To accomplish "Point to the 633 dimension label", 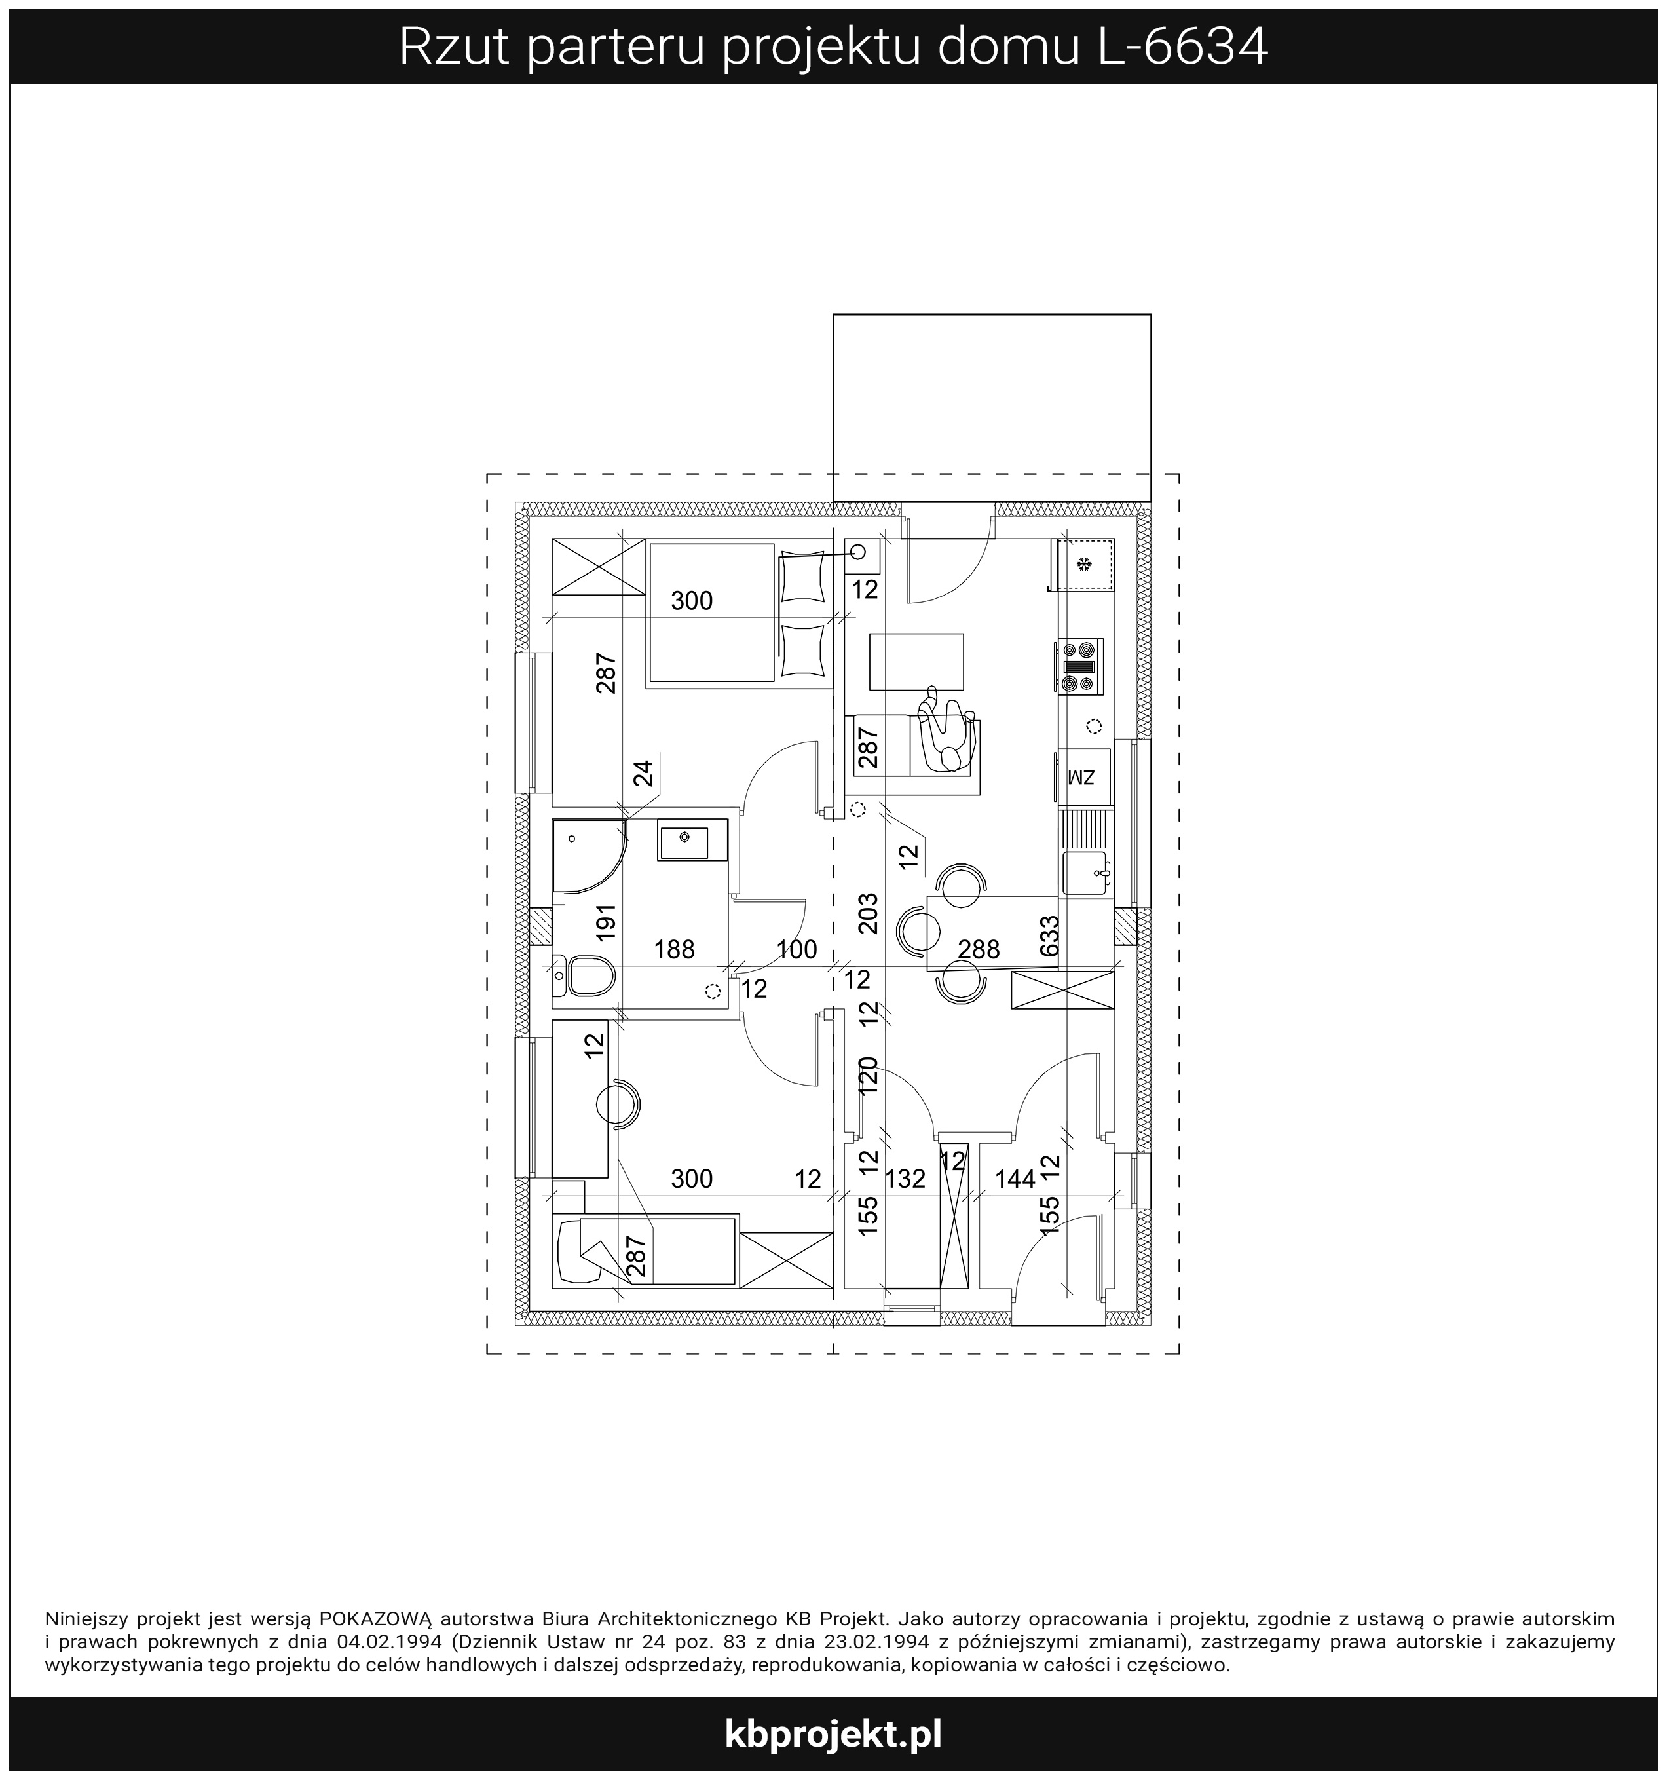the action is point(1049,936).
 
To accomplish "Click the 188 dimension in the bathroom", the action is point(674,949).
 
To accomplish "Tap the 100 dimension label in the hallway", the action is point(796,949).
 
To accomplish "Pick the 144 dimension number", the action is point(1015,1179).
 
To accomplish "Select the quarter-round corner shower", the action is point(591,856).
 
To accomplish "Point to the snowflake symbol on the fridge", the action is point(1084,564).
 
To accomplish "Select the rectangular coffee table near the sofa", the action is point(917,662).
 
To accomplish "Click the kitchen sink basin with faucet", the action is point(1087,873).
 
